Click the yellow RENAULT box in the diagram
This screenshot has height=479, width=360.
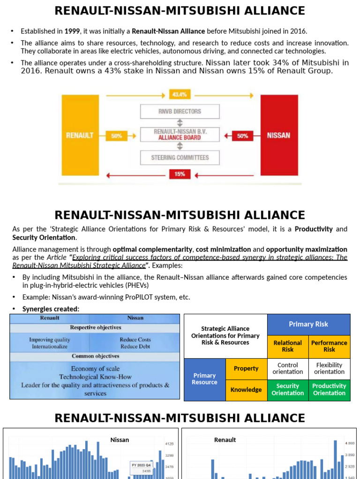tap(79, 136)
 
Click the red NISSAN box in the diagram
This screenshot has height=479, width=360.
tap(278, 136)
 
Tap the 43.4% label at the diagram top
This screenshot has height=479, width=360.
tap(180, 94)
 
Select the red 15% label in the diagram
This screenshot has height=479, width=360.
tap(180, 174)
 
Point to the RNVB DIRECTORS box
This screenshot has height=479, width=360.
tap(180, 111)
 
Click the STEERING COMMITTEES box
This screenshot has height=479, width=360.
tap(180, 158)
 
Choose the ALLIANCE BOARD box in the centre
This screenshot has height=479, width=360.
tap(180, 135)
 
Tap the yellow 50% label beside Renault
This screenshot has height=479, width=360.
tap(117, 136)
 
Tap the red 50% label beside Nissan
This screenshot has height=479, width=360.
tap(243, 136)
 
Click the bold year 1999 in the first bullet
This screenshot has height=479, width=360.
tap(72, 31)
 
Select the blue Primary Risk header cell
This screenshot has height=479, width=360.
tap(308, 324)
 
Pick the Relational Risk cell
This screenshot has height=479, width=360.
tap(288, 346)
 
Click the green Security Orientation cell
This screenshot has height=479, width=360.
tap(288, 390)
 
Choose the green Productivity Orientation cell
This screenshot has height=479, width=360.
tap(329, 390)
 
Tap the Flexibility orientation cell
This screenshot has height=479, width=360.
tap(329, 369)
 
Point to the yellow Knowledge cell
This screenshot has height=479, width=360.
tap(246, 390)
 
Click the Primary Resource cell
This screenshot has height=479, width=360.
tap(204, 379)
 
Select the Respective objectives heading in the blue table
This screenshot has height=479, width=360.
tap(96, 327)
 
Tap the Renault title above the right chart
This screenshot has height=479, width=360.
tap(225, 440)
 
